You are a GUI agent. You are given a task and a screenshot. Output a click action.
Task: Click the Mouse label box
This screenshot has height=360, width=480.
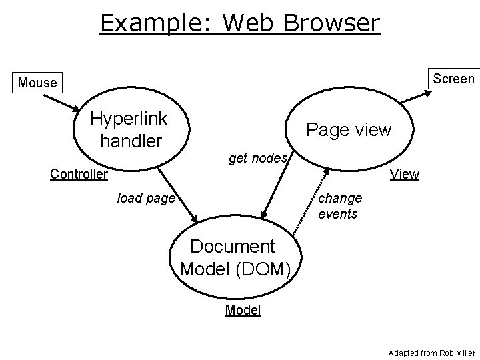[37, 83]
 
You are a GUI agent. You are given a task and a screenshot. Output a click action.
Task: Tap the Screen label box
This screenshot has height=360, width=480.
[453, 79]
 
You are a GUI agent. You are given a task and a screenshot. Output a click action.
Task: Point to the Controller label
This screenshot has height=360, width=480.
[79, 175]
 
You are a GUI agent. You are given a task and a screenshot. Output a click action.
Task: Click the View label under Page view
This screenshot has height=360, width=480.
[405, 175]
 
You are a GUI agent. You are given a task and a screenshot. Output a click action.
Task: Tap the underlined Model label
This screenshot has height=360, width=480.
[243, 310]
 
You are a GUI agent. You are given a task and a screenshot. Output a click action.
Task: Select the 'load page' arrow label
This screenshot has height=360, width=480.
[145, 198]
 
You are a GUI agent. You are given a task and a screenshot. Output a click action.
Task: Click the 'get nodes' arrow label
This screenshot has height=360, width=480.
[257, 158]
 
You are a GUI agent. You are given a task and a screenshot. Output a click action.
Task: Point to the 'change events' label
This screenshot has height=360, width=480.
[340, 206]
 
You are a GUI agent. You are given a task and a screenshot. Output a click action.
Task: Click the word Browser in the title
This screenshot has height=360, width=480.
[331, 23]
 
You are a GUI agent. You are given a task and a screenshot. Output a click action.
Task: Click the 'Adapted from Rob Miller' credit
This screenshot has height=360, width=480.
[432, 351]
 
